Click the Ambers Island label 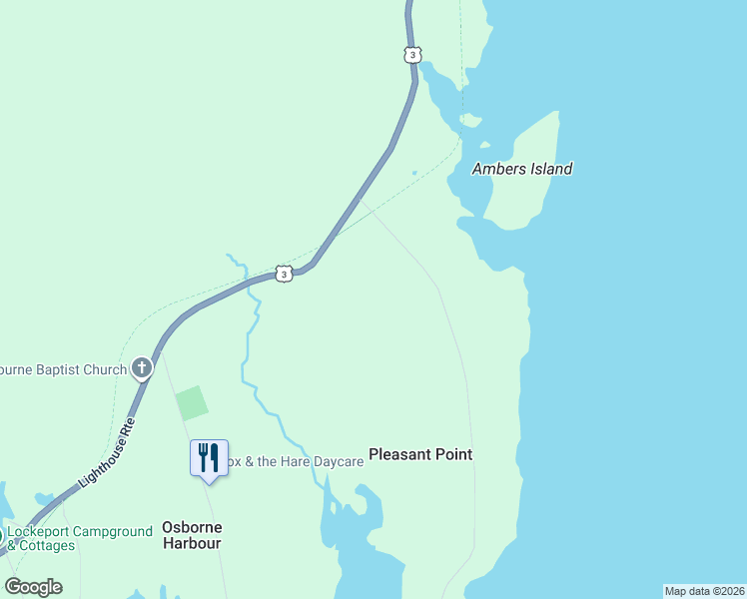click(x=522, y=169)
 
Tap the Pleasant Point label click(x=420, y=454)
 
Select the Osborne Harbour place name click(x=192, y=535)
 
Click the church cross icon click(x=142, y=369)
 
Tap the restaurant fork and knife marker click(x=209, y=458)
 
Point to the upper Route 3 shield click(x=412, y=54)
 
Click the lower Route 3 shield click(x=285, y=274)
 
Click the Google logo click(x=33, y=587)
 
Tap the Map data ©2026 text click(x=703, y=591)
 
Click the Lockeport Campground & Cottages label click(x=80, y=538)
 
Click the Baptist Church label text click(x=64, y=369)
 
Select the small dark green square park click(x=192, y=402)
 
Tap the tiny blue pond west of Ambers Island click(x=413, y=172)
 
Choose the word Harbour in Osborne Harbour click(x=192, y=544)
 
